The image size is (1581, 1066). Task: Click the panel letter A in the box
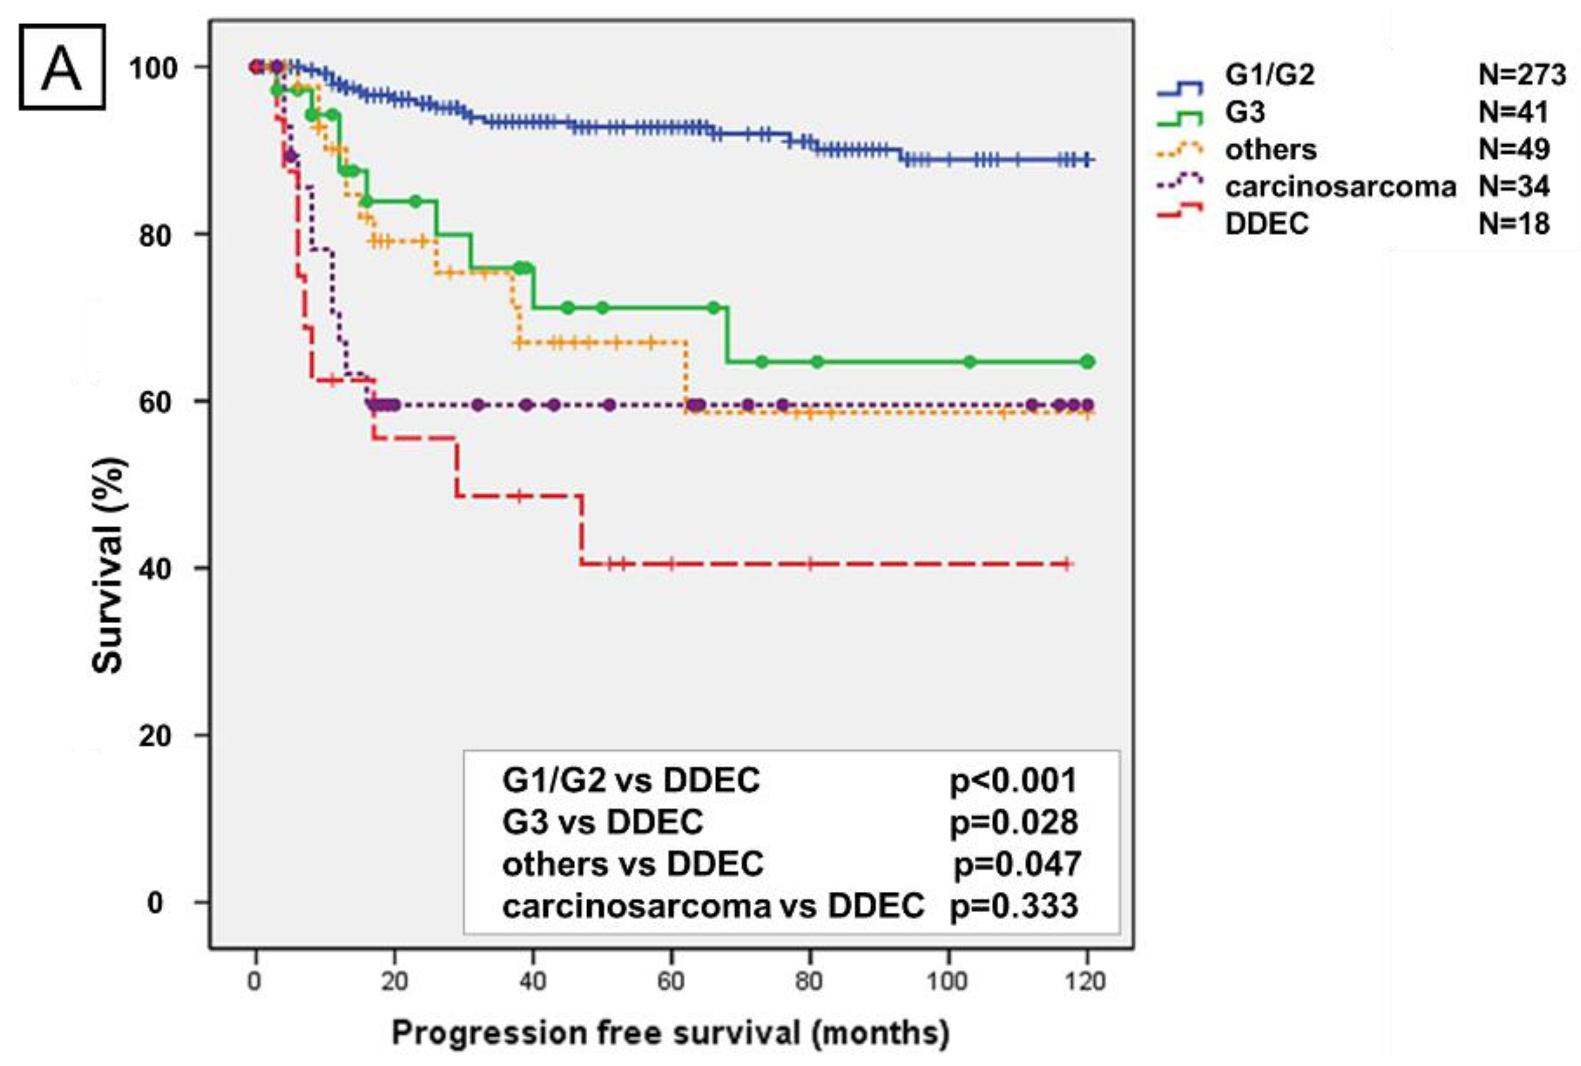point(61,66)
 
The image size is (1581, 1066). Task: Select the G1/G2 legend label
point(1269,75)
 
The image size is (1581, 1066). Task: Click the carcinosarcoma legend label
point(1340,186)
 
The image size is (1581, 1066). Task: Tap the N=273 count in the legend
point(1522,75)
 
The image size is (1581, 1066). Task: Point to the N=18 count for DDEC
point(1514,223)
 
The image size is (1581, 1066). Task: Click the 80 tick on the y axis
point(154,234)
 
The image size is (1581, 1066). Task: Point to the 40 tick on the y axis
point(154,568)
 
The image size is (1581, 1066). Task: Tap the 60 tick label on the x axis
point(671,981)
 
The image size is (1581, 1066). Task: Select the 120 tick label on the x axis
point(1086,981)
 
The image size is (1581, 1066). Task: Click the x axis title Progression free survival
point(670,1032)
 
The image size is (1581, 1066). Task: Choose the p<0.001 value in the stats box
point(1013,781)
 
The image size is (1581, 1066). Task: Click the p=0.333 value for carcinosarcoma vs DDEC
point(1014,906)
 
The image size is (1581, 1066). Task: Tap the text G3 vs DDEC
point(603,822)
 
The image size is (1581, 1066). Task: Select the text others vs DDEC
point(632,864)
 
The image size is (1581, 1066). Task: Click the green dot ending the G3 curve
point(1088,362)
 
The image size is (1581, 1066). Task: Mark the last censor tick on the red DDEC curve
point(1067,564)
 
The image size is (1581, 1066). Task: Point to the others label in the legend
point(1270,149)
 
